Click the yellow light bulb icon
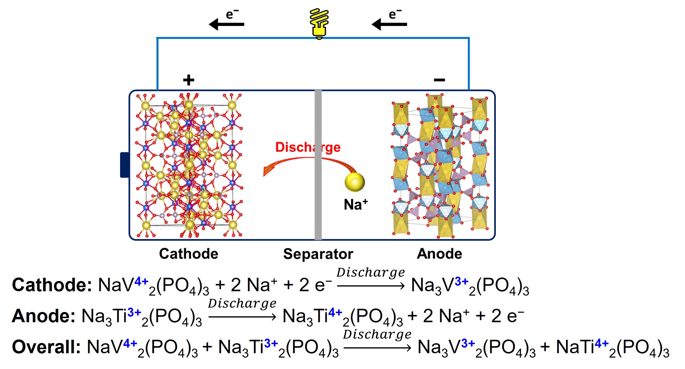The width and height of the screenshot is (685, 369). click(319, 23)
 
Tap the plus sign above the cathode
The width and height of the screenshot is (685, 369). click(188, 80)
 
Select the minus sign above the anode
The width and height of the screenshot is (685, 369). click(439, 80)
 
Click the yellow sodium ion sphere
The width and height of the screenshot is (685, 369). click(355, 182)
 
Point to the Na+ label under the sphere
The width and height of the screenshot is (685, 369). click(356, 204)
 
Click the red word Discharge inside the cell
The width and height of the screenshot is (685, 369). click(308, 147)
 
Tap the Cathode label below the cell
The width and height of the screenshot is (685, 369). click(189, 254)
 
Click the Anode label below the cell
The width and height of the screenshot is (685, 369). click(439, 254)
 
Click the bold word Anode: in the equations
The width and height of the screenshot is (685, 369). click(44, 316)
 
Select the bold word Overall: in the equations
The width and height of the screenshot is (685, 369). click(46, 347)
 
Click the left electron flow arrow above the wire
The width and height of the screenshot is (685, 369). click(226, 24)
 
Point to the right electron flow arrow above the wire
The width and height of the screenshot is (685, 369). click(389, 24)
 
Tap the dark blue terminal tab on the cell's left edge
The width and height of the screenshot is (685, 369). click(124, 165)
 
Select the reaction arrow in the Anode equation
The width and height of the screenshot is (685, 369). click(242, 317)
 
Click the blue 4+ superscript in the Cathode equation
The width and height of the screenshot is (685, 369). click(141, 281)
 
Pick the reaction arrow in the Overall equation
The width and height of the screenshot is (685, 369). click(377, 348)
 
